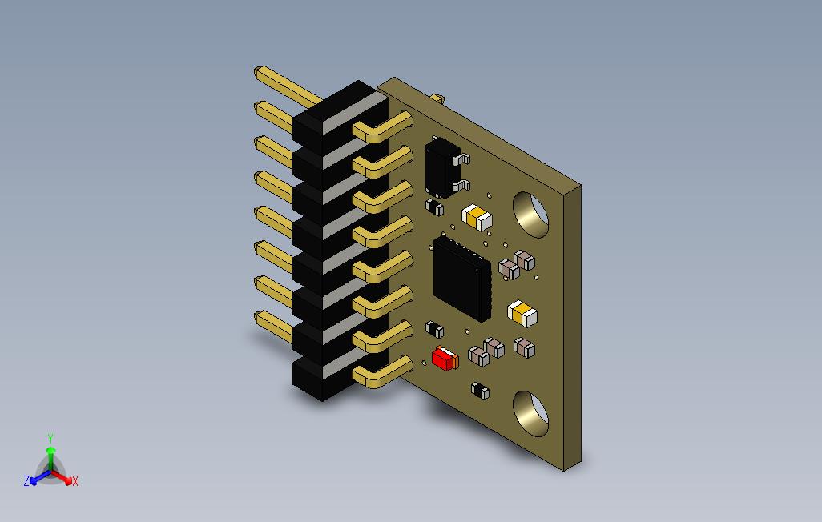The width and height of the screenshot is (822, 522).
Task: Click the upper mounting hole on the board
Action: pos(530,215)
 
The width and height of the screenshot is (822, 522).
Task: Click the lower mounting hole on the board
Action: pos(530,413)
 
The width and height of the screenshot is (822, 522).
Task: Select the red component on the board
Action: pos(445,359)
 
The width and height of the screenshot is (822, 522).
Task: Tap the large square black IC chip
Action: pos(462,279)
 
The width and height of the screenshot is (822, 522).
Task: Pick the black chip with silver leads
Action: pos(445,167)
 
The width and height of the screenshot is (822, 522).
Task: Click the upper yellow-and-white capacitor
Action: pos(477,218)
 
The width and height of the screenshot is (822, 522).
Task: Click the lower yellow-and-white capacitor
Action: pos(522,313)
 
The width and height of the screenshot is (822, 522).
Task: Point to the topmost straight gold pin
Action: pos(288,86)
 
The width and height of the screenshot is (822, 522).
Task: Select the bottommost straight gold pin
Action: pos(273,327)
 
